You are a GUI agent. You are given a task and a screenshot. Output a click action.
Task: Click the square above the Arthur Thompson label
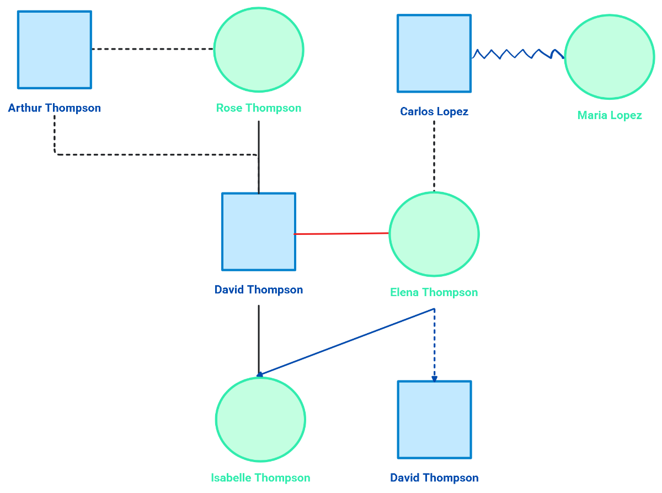[x=55, y=50]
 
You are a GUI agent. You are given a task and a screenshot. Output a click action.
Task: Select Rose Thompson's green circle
[x=259, y=50]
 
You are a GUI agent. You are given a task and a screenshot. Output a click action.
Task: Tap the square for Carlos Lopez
[x=434, y=53]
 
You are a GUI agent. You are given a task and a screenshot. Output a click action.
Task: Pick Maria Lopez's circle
[x=610, y=57]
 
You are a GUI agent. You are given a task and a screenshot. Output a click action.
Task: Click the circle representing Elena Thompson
[x=434, y=234]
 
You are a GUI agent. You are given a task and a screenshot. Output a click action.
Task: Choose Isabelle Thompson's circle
[x=260, y=420]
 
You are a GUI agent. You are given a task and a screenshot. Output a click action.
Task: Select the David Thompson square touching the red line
[x=259, y=232]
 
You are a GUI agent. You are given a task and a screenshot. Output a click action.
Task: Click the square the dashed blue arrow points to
[x=435, y=420]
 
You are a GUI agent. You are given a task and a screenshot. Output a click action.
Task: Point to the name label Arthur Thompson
[x=55, y=108]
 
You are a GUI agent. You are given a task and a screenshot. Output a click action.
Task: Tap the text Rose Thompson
[x=259, y=108]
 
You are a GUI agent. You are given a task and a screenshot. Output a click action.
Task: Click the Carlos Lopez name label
[x=434, y=112]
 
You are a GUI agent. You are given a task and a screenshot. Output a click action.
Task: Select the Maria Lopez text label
[x=610, y=115]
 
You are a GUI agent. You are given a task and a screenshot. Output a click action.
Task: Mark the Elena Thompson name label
[x=434, y=292]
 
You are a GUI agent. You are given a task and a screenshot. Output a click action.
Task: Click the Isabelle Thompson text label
[x=260, y=478]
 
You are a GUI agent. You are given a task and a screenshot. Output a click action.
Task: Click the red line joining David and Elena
[x=342, y=234]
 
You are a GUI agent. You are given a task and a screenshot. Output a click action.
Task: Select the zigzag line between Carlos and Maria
[x=517, y=53]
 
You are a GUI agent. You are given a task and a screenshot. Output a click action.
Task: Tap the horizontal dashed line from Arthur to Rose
[x=152, y=49]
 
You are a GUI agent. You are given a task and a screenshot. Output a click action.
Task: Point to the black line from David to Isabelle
[x=259, y=339]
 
